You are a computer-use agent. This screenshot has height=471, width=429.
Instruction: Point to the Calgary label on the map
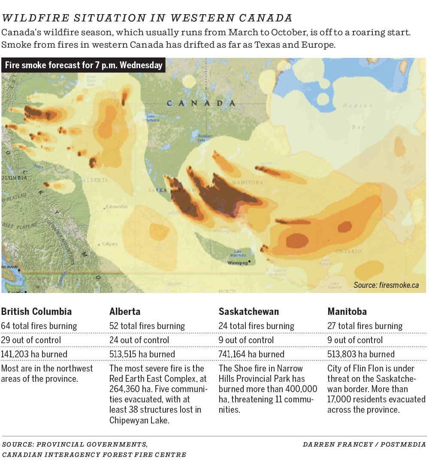click(x=110, y=244)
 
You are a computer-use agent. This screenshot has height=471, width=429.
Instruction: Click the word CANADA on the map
click(x=201, y=103)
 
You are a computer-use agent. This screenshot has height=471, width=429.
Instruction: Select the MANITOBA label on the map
click(x=247, y=183)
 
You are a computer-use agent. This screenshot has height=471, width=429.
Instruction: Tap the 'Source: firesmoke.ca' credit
click(x=386, y=285)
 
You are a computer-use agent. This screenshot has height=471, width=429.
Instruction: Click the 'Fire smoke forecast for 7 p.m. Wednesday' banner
click(x=84, y=66)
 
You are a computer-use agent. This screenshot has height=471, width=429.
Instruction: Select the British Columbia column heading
click(x=36, y=311)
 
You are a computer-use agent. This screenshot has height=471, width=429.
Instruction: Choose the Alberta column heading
click(x=125, y=311)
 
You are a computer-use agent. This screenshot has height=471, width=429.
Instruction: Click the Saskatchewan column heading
click(x=249, y=311)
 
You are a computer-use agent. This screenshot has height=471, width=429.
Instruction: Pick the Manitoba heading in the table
click(x=347, y=311)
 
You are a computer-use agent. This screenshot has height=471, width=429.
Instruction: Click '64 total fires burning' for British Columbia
click(x=39, y=326)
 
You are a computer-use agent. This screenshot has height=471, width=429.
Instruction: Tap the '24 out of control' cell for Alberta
click(x=139, y=340)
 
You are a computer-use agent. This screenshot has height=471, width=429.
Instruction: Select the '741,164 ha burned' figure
click(x=251, y=354)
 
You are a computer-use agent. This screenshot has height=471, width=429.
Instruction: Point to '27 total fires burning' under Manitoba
click(x=365, y=326)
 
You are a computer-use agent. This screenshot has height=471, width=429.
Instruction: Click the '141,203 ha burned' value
click(x=34, y=354)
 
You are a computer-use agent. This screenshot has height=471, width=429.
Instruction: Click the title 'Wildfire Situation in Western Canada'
click(x=147, y=18)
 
